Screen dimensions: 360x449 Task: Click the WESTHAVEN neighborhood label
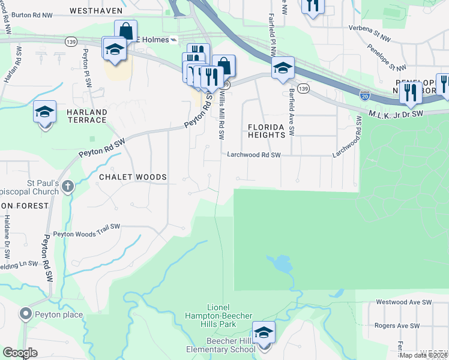(x=95, y=11)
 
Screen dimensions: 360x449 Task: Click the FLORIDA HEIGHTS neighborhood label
(x=267, y=131)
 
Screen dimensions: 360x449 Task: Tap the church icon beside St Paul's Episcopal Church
(x=67, y=186)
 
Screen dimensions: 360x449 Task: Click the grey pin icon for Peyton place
(x=25, y=314)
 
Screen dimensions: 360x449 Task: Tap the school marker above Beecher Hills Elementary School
(x=264, y=332)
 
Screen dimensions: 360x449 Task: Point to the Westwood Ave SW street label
(x=403, y=302)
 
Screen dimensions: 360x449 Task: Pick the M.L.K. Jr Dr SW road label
(x=396, y=113)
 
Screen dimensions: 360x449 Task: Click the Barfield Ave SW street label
(x=292, y=112)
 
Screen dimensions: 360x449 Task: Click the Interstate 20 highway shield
(x=365, y=95)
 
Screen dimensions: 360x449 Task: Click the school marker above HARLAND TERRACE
(x=44, y=112)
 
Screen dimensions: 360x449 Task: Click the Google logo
(x=20, y=353)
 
